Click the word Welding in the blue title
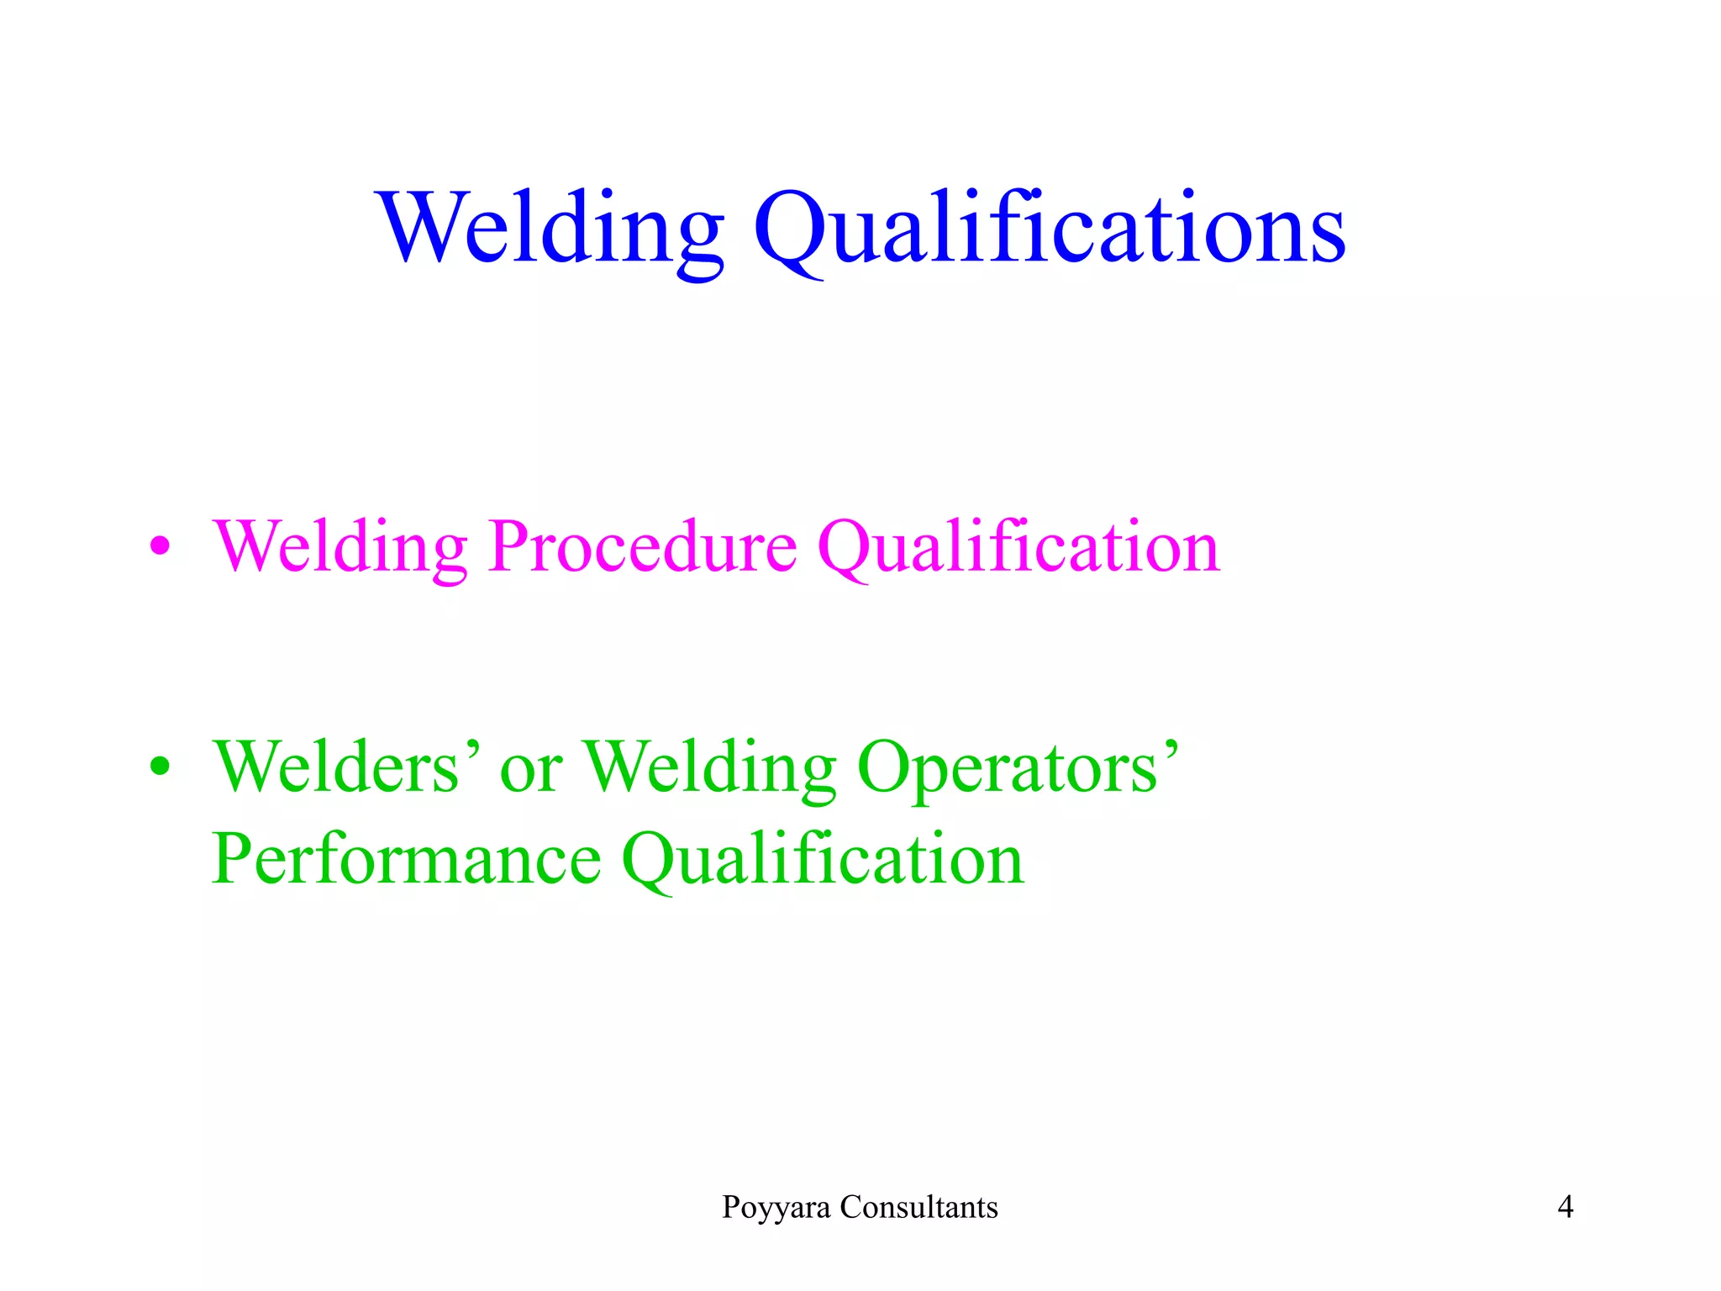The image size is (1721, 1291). [x=550, y=229]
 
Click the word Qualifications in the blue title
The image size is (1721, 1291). [x=1050, y=229]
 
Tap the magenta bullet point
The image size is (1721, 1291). [x=160, y=547]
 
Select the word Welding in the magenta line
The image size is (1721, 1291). [x=340, y=547]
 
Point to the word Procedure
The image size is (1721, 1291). [x=643, y=547]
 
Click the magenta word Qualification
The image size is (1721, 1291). [x=1018, y=547]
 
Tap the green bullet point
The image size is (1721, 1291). [x=160, y=767]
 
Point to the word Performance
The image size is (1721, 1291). [x=407, y=859]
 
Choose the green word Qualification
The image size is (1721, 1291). [x=823, y=859]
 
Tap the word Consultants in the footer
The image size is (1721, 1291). [x=919, y=1207]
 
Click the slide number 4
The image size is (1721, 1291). [x=1566, y=1207]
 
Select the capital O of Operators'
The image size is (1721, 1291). [x=886, y=767]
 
